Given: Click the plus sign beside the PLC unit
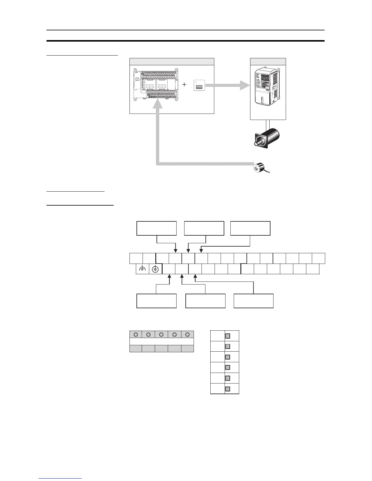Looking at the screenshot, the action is (x=184, y=85).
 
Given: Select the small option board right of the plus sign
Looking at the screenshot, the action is (x=199, y=86).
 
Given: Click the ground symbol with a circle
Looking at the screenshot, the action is (x=155, y=269).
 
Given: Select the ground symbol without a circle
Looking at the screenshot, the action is (x=142, y=269).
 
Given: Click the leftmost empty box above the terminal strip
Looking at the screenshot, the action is (x=157, y=228).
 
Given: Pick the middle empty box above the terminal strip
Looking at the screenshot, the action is (x=204, y=228).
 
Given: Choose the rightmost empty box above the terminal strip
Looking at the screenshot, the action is (x=250, y=228).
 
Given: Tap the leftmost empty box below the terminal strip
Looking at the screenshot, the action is (x=157, y=301).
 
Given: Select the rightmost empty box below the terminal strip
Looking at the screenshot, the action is (x=253, y=301).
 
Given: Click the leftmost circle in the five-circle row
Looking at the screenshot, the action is (x=136, y=334).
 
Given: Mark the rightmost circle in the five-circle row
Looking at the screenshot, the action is (x=188, y=334).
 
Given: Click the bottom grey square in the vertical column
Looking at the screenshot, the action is (x=227, y=389).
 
